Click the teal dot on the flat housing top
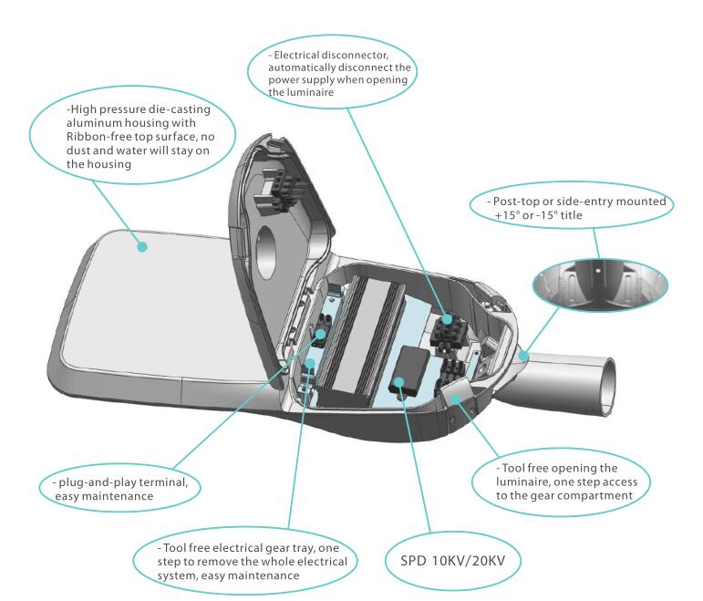(142, 246)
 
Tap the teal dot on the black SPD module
(398, 382)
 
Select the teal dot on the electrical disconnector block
(446, 319)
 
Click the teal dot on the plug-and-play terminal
(321, 334)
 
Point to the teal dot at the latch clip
(456, 399)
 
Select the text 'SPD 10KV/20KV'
(453, 561)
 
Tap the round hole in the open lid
(265, 252)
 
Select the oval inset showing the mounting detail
(600, 285)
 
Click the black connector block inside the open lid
(278, 192)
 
